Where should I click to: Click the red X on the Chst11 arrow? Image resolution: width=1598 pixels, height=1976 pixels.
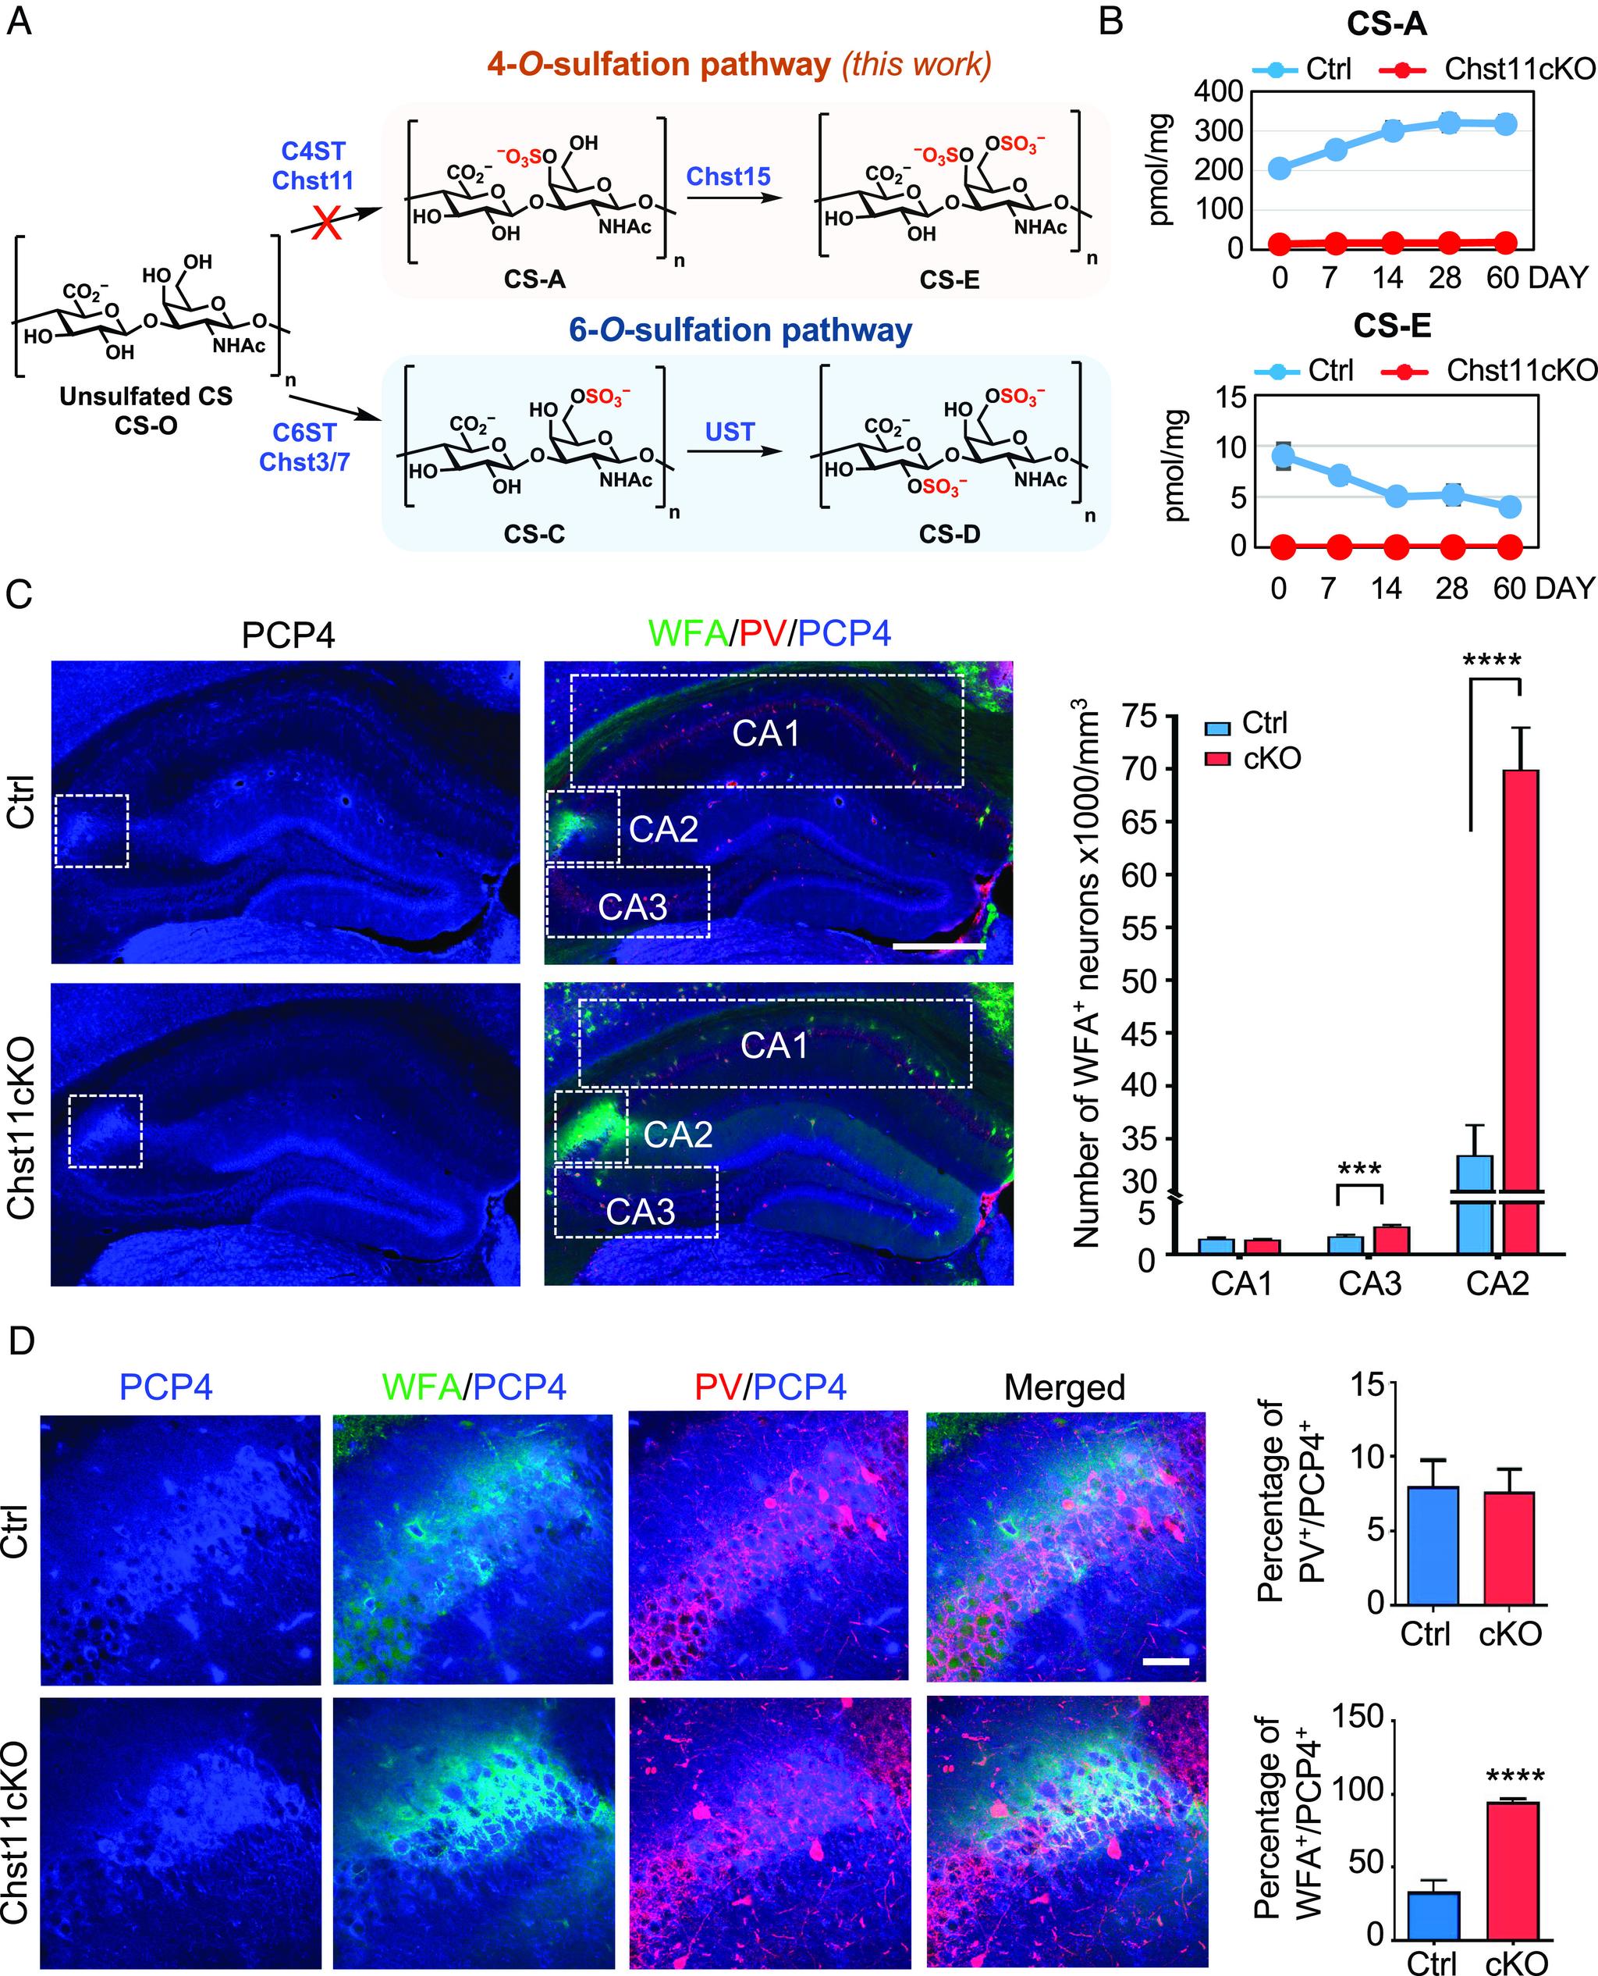pos(328,223)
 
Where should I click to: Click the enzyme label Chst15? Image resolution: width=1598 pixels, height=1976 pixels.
pos(728,176)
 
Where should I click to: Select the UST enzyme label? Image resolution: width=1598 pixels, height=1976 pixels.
pos(729,431)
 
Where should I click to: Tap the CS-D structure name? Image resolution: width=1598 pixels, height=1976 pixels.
pos(949,534)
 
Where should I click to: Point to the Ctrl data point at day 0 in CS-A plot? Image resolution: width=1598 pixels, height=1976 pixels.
pos(1280,169)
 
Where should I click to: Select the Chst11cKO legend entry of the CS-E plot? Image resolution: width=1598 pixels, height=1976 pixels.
pos(1519,370)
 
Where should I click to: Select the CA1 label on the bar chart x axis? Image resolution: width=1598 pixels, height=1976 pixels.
pos(1241,1284)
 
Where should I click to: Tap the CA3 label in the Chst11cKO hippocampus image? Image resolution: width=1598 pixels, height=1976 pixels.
pos(640,1212)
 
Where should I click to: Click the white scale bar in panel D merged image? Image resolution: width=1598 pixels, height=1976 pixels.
pos(1166,1662)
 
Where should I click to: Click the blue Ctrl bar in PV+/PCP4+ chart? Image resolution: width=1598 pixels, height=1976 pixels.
pos(1433,1544)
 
